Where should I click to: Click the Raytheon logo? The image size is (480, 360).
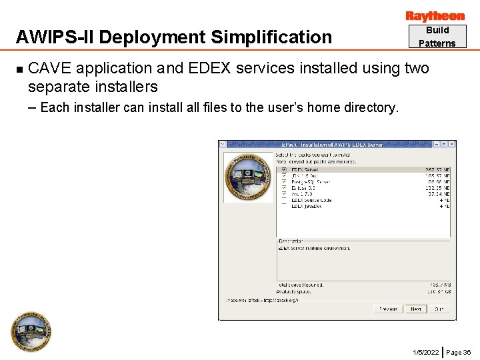click(x=435, y=16)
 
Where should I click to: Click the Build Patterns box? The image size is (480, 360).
click(x=437, y=37)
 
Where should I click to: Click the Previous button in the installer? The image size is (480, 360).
click(x=388, y=309)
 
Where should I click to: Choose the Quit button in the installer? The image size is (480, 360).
click(x=439, y=309)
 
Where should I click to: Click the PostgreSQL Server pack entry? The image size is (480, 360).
click(x=311, y=182)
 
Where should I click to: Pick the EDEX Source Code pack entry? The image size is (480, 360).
click(x=311, y=200)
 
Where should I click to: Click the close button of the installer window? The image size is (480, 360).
click(x=452, y=144)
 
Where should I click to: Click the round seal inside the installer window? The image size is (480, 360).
click(x=248, y=177)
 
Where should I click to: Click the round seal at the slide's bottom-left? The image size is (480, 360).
click(x=31, y=331)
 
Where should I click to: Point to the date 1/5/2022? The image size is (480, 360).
click(x=426, y=352)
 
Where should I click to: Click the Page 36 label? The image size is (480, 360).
click(x=459, y=352)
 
